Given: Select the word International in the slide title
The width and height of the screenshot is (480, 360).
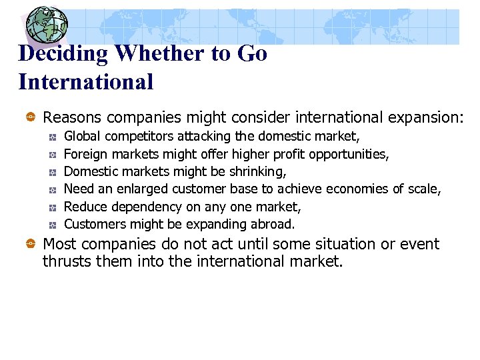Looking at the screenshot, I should tap(86, 82).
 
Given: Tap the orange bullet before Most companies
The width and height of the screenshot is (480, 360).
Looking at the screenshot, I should tap(31, 245).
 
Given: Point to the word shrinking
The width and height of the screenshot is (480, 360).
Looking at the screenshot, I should tap(256, 172).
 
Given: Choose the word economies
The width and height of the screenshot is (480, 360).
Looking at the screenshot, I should tap(359, 189).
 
